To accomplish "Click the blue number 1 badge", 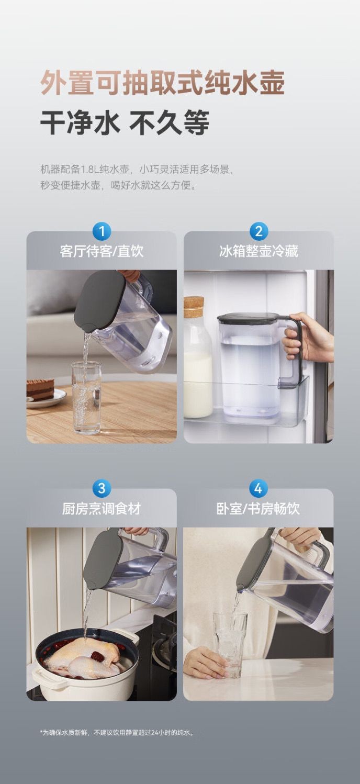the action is point(102,231).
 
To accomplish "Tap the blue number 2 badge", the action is point(258,231).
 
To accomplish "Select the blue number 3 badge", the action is point(102,488).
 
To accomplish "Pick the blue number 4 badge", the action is point(258,488).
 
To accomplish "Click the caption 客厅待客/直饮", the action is point(102,251).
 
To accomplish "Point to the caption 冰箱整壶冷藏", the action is point(258,251).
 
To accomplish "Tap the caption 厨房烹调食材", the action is point(102,509).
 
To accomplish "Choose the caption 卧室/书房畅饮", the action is point(258,509).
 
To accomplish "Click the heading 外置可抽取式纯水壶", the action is point(162,83).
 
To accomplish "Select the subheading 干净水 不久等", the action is point(125,122).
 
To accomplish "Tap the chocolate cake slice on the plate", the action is point(40,390).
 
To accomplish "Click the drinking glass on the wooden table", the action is point(86,398).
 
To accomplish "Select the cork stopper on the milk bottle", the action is point(194,307).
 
